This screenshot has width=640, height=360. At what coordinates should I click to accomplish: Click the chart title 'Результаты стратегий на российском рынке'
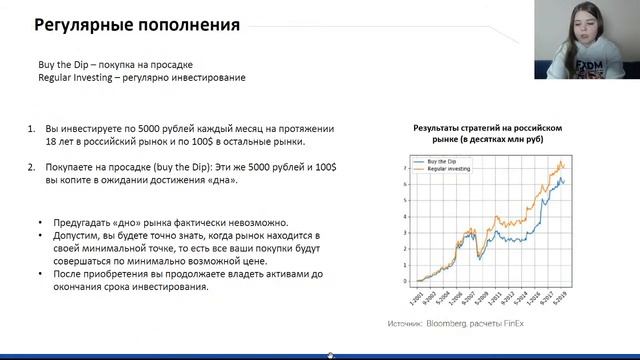click(490, 134)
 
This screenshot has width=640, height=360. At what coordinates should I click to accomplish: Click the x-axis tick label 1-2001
click(414, 299)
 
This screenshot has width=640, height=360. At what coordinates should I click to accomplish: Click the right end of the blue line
click(566, 181)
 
